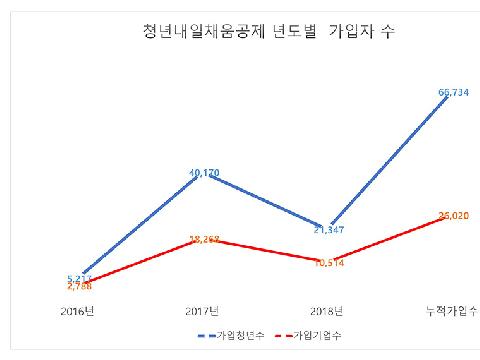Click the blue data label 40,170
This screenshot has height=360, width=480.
click(205, 173)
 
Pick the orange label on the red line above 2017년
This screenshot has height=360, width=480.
click(205, 240)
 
